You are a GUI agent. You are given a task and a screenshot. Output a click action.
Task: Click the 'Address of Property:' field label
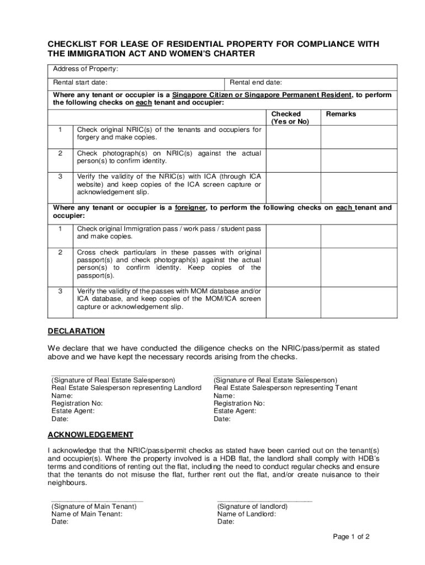pyautogui.click(x=86, y=69)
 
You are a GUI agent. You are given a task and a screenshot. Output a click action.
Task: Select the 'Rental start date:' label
pyautogui.click(x=80, y=82)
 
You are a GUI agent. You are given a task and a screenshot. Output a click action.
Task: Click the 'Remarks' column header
pyautogui.click(x=341, y=114)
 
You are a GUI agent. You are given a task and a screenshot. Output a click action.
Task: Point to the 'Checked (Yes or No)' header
pyautogui.click(x=290, y=118)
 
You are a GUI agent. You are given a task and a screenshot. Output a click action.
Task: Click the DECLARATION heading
pyautogui.click(x=76, y=331)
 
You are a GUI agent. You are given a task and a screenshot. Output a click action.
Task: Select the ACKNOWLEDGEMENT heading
pyautogui.click(x=90, y=434)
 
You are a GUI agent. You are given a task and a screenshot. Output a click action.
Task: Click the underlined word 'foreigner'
pyautogui.click(x=190, y=208)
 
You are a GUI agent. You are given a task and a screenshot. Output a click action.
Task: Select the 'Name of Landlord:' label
pyautogui.click(x=247, y=514)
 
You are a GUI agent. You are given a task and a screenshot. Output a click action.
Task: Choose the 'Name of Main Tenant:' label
pyautogui.click(x=87, y=514)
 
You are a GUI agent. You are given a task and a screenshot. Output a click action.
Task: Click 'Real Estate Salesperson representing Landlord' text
pyautogui.click(x=126, y=388)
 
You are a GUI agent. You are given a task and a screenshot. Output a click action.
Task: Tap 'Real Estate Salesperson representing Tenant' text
pyautogui.click(x=285, y=388)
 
